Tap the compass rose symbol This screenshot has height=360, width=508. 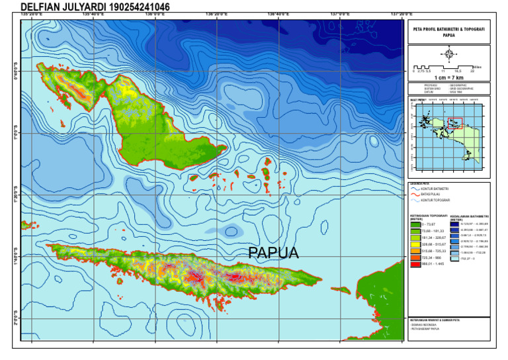coord(448,54)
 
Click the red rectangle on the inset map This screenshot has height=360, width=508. coord(454,122)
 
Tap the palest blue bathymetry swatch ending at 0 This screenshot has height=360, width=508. coord(454,259)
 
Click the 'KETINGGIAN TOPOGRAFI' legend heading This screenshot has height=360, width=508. coord(427,216)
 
